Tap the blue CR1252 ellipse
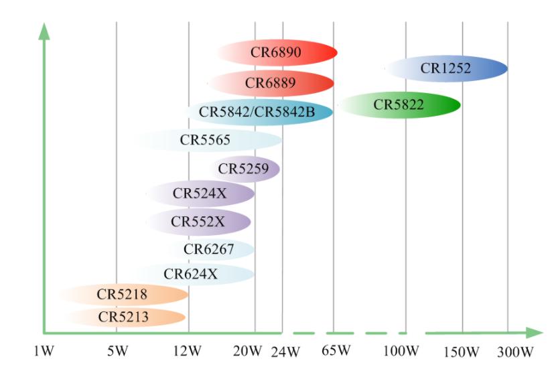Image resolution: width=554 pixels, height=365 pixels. coord(446,68)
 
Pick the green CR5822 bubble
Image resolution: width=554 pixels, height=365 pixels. coord(399,104)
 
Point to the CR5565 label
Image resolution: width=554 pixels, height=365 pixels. coord(205,141)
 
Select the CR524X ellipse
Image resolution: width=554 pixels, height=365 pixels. coord(200,194)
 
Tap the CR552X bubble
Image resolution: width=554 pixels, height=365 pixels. coord(198,222)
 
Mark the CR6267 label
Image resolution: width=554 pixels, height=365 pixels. coord(209,250)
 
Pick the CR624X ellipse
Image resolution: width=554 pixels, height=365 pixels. coord(190,273)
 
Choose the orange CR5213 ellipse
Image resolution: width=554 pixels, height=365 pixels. coord(124,317)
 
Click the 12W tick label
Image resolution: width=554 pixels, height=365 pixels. coord(186,352)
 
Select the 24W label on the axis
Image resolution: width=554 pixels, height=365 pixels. coord(285,352)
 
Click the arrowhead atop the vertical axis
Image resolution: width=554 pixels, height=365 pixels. coord(44,29)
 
